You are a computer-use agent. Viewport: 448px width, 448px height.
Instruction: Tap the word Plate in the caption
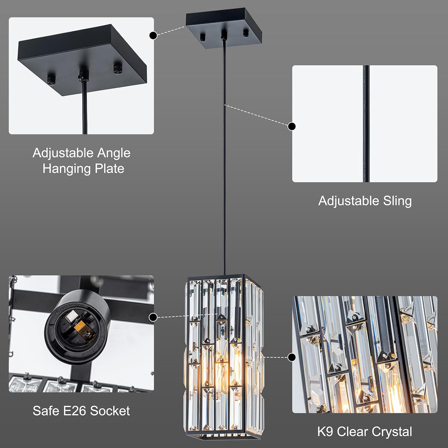109,168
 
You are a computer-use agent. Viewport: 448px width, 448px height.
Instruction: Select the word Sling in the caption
397,201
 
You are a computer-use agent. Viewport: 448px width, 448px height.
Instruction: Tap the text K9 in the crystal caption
325,432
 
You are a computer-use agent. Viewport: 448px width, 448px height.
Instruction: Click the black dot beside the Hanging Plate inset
153,36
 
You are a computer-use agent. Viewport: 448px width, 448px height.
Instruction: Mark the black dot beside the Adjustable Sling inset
292,126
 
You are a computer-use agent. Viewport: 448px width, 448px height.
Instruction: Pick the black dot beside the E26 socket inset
153,317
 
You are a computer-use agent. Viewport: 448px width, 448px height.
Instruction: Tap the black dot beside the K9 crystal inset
292,357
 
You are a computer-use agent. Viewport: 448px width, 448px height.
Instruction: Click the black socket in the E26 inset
72,326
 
